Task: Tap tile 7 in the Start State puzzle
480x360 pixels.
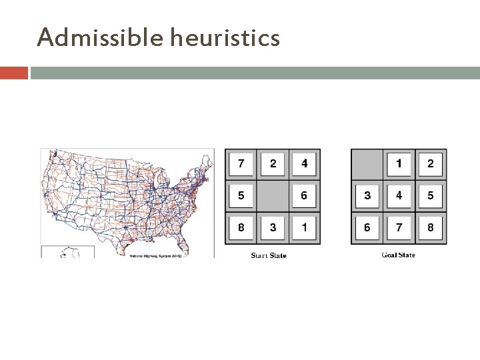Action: [x=241, y=164]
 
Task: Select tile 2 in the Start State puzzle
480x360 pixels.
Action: [x=273, y=164]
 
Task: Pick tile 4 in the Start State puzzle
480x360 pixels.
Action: [x=305, y=164]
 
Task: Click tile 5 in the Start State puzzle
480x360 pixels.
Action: [x=241, y=196]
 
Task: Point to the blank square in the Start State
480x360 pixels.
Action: [x=273, y=196]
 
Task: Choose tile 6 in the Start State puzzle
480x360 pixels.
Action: [x=305, y=196]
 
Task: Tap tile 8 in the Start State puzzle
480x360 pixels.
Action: [x=241, y=228]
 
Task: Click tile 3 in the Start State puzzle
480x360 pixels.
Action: [x=273, y=228]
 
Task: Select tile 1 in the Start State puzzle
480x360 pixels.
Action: [x=305, y=228]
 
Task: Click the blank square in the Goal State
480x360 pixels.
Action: [x=367, y=164]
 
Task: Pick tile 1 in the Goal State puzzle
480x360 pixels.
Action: [x=399, y=164]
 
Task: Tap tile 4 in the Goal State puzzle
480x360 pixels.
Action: [x=399, y=196]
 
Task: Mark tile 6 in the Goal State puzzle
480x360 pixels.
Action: [x=367, y=228]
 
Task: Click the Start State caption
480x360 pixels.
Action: [x=269, y=255]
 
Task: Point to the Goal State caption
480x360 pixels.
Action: [x=398, y=255]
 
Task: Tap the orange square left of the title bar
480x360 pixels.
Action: [x=14, y=73]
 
